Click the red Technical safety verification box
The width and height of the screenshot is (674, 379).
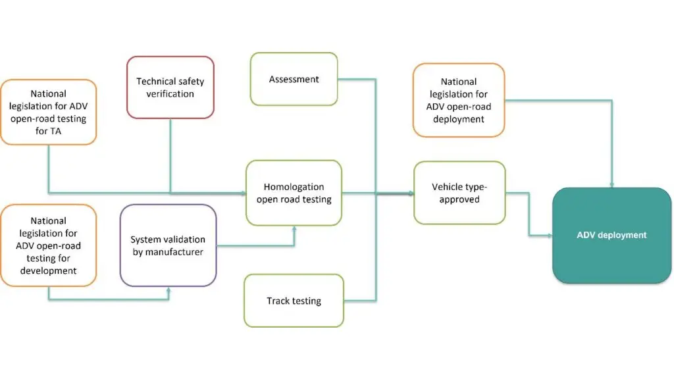(170, 88)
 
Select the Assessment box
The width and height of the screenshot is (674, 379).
(294, 79)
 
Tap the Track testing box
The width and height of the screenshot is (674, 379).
(294, 301)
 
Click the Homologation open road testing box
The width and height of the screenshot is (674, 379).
(294, 193)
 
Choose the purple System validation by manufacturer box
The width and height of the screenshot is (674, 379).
(168, 245)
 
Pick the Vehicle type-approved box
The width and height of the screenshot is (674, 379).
(459, 193)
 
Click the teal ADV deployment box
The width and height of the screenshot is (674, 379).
(611, 235)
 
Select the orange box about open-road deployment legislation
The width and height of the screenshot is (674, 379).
(459, 100)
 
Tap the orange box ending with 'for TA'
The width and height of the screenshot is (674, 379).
(48, 112)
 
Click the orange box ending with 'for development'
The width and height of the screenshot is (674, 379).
(48, 245)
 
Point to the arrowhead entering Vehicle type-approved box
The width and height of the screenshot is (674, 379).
(411, 193)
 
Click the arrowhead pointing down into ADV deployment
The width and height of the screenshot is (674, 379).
(612, 184)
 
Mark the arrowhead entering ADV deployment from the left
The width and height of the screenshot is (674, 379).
(550, 235)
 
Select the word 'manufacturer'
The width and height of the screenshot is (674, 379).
(168, 251)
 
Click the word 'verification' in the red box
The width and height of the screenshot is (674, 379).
(170, 94)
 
